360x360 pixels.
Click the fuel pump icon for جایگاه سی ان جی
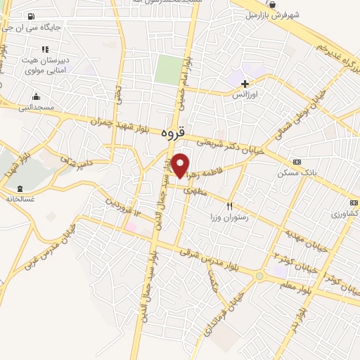[x=32, y=17]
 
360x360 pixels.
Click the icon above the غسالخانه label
[x=19, y=188]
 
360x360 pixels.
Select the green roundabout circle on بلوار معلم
[x=259, y=276]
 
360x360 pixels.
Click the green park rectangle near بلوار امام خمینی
[x=167, y=70]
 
